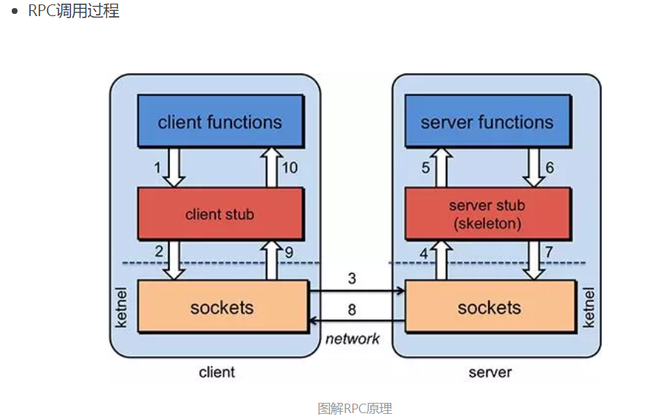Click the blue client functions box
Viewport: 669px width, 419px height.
click(x=220, y=121)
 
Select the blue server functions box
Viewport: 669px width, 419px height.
click(x=487, y=121)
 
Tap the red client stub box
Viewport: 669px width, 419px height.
click(x=220, y=214)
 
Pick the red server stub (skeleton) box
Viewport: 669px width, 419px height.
click(x=487, y=214)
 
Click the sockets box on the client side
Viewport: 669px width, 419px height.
click(x=222, y=307)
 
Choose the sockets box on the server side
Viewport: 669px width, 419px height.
click(x=489, y=307)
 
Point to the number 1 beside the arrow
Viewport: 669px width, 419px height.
click(x=157, y=168)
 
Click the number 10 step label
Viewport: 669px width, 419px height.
click(x=290, y=168)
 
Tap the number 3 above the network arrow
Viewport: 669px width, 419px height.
click(x=352, y=278)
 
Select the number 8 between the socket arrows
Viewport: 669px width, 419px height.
click(x=352, y=310)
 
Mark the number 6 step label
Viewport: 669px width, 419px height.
click(x=550, y=168)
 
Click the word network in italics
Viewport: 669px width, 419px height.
click(x=353, y=338)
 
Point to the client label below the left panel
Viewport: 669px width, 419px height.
click(x=217, y=372)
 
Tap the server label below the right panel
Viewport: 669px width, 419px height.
click(x=490, y=372)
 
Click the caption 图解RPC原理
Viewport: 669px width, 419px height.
click(x=355, y=408)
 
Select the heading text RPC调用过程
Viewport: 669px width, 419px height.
click(x=73, y=12)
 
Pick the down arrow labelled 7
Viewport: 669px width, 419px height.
click(x=534, y=259)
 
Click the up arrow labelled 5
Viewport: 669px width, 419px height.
click(x=441, y=167)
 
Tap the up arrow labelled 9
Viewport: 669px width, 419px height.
click(x=272, y=259)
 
